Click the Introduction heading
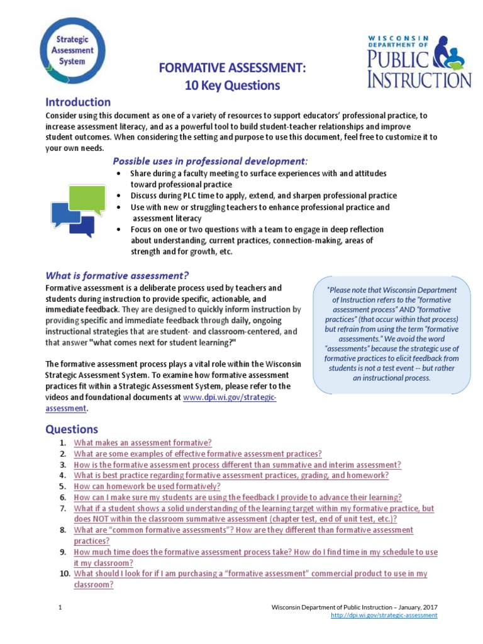point(78,102)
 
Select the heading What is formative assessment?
point(117,275)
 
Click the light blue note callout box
point(391,333)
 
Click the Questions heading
point(72,429)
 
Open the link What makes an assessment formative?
point(143,443)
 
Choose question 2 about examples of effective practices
point(197,453)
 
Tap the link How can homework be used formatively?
point(147,486)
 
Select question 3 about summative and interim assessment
point(237,465)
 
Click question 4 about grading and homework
point(231,475)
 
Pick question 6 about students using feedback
point(237,497)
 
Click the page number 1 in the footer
point(60,607)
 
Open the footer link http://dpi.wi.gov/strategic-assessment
point(384,615)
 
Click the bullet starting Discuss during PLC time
point(264,196)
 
